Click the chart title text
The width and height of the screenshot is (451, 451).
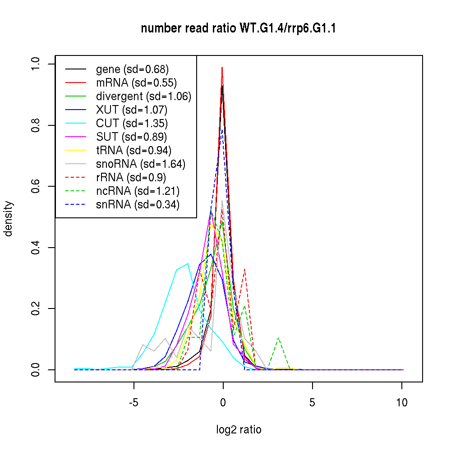pyautogui.click(x=238, y=29)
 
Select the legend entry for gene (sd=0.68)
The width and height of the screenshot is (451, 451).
pyautogui.click(x=132, y=69)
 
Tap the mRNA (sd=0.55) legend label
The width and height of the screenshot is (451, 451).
pyautogui.click(x=136, y=83)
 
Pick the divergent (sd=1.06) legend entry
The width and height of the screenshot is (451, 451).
pyautogui.click(x=143, y=97)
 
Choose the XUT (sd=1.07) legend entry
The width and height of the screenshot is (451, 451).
pyautogui.click(x=132, y=110)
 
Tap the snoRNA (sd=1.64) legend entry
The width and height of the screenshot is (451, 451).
pyautogui.click(x=141, y=164)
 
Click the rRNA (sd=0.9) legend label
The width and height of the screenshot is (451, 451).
pyautogui.click(x=131, y=178)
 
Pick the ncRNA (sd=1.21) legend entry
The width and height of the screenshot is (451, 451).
pyautogui.click(x=138, y=191)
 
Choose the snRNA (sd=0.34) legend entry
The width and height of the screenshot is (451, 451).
pyautogui.click(x=138, y=205)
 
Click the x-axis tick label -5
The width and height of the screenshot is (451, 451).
pyautogui.click(x=133, y=403)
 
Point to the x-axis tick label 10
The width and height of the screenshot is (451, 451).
pyautogui.click(x=402, y=403)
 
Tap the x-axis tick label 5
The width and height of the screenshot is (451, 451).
pyautogui.click(x=312, y=403)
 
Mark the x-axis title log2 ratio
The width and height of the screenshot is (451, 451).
pyautogui.click(x=239, y=430)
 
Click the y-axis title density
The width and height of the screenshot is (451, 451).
pyautogui.click(x=9, y=219)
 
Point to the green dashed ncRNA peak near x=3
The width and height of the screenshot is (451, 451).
pyautogui.click(x=279, y=338)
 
